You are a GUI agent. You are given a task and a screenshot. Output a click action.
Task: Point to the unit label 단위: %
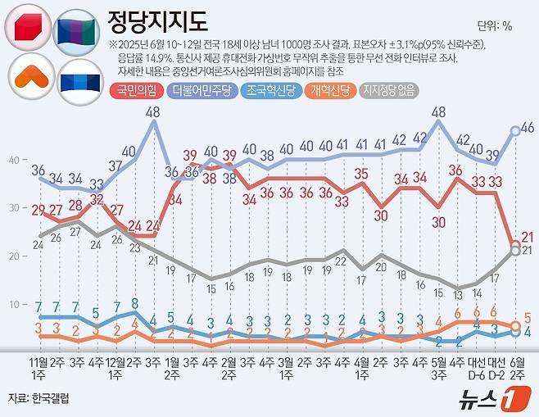494,25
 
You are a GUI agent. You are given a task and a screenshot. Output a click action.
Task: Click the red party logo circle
29,29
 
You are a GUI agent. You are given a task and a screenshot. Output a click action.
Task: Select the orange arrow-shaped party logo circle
29,76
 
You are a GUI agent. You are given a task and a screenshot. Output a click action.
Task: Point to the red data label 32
97,199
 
